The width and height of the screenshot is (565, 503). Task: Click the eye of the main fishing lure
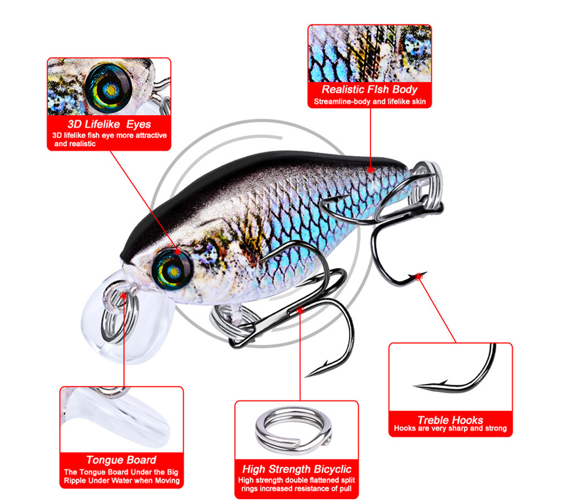click(x=171, y=269)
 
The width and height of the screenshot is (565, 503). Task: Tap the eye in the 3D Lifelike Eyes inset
click(x=108, y=87)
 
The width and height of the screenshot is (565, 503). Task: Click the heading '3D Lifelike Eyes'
click(x=109, y=124)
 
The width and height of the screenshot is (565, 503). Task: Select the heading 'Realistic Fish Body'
click(x=369, y=89)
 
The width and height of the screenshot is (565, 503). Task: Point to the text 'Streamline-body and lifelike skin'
click(x=370, y=102)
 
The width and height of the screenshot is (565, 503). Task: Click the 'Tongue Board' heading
click(x=122, y=460)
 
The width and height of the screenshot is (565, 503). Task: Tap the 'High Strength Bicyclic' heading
click(x=296, y=469)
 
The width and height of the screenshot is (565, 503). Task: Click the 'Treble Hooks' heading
click(x=450, y=419)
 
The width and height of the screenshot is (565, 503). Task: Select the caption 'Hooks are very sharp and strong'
click(x=450, y=428)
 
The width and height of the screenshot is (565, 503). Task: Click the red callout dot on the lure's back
click(x=371, y=170)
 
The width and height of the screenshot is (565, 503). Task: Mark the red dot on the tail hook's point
click(x=418, y=277)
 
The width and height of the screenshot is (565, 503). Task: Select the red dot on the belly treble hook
click(x=300, y=310)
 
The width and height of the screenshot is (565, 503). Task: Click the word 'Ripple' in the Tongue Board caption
click(x=75, y=481)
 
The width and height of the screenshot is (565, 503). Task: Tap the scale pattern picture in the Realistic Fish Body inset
click(x=370, y=53)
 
